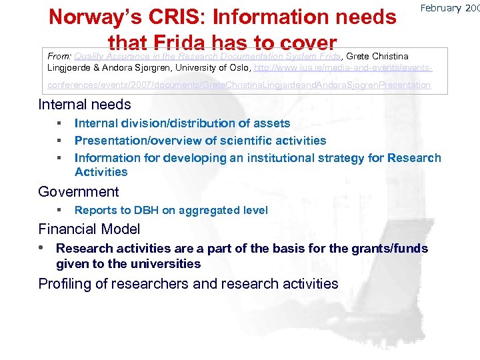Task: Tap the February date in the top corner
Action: tap(449, 9)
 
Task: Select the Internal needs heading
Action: tap(85, 105)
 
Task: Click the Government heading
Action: tap(79, 193)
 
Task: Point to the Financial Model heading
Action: tap(89, 229)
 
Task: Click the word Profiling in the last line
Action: tap(65, 284)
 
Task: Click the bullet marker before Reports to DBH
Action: tap(59, 211)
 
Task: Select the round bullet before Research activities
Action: tap(42, 249)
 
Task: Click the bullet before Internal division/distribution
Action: tap(59, 123)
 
